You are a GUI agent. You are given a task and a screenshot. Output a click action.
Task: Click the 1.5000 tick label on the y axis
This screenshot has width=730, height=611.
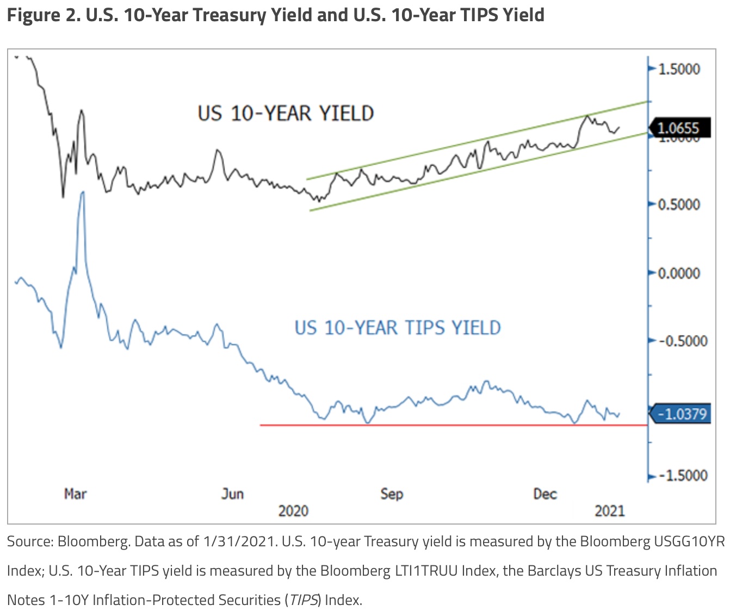point(679,69)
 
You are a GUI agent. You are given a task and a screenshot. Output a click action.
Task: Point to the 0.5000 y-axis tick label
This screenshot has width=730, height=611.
point(679,205)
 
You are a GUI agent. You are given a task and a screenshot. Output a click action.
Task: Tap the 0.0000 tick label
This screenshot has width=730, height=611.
point(679,273)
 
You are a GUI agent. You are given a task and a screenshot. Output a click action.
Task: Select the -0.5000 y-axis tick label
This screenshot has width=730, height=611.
point(682,341)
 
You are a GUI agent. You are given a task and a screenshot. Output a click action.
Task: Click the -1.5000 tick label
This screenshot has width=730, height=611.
point(682,476)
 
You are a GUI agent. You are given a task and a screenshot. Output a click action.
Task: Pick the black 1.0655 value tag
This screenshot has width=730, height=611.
point(679,128)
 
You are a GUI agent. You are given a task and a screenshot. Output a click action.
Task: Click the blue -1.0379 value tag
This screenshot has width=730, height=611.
point(681,414)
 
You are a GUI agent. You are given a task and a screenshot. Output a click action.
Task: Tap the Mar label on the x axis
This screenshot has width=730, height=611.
point(75,494)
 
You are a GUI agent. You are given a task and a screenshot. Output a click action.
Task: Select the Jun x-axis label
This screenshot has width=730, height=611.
point(232,494)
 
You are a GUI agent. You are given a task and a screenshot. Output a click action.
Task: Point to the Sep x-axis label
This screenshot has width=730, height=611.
point(392,494)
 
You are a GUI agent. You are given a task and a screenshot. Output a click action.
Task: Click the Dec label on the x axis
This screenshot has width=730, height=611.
point(545,494)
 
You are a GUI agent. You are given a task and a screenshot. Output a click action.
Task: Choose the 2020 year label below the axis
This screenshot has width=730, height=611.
point(293,511)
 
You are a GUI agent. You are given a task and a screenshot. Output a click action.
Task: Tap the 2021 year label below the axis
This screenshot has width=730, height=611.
point(610,511)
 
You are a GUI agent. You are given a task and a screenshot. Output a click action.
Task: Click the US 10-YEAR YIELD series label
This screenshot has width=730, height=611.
point(286,114)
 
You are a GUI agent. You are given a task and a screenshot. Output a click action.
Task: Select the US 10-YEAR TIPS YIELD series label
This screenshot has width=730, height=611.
point(398,328)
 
